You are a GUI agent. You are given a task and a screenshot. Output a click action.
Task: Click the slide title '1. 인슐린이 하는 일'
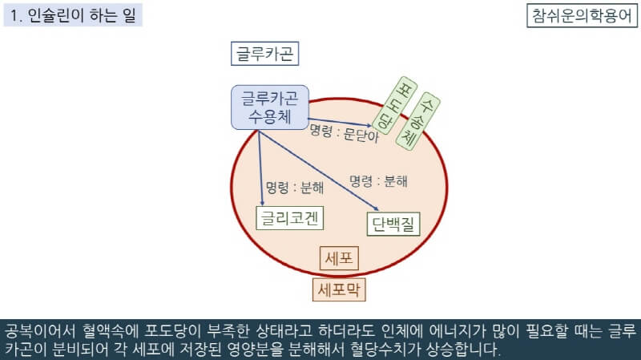tap(73, 15)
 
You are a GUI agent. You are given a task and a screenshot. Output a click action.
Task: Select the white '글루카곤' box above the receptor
tap(264, 55)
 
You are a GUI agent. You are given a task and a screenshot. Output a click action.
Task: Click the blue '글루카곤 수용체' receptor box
tap(269, 107)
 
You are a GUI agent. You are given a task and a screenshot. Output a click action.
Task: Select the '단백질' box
tap(394, 224)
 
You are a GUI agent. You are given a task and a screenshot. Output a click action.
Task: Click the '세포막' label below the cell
tap(339, 289)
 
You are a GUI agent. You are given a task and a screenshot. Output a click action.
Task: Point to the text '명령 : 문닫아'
tap(344, 134)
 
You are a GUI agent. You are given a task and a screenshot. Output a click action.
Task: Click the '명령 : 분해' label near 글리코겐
tap(295, 188)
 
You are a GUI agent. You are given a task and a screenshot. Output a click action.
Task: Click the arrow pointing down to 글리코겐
tap(262, 168)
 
